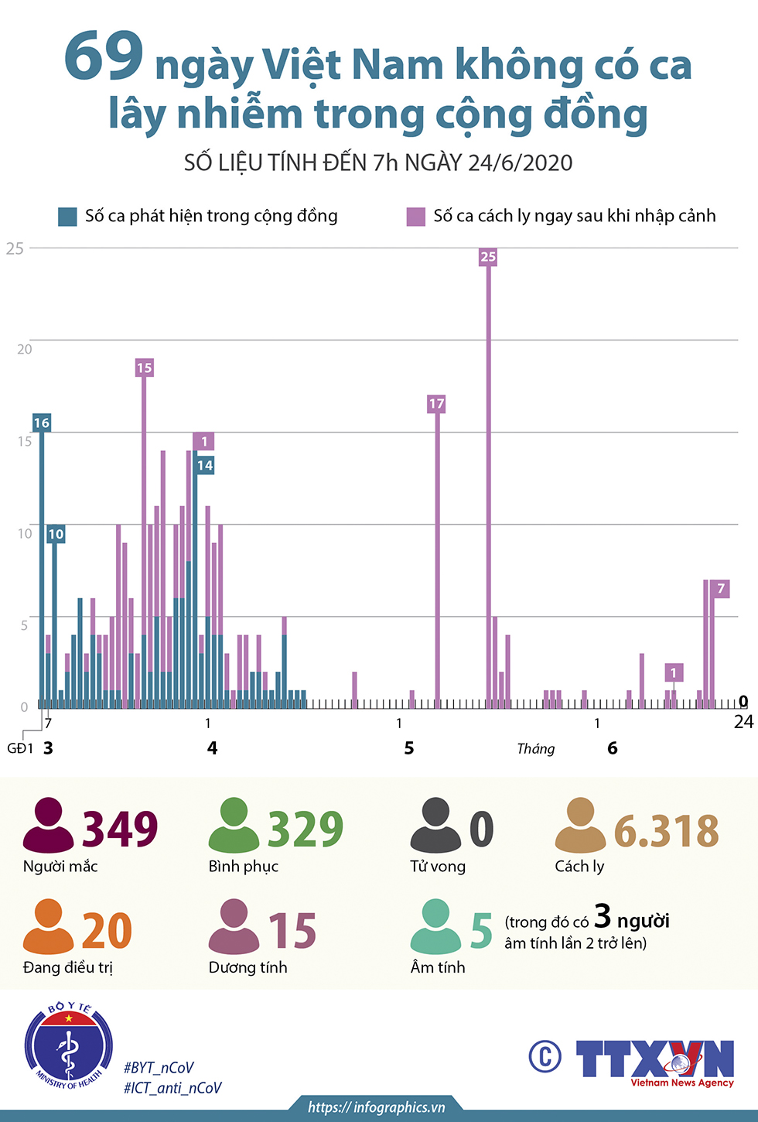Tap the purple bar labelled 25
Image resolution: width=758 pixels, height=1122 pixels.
click(x=489, y=480)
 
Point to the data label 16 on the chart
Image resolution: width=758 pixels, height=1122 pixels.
click(x=42, y=423)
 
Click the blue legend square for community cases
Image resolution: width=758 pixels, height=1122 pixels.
click(x=67, y=217)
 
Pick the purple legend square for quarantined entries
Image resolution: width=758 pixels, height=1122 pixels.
click(x=416, y=217)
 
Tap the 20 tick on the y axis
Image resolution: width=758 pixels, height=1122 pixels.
click(x=25, y=349)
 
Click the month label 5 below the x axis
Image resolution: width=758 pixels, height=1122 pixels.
click(x=409, y=748)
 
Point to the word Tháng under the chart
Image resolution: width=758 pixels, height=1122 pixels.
click(x=536, y=748)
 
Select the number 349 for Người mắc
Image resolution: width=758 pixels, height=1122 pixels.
click(x=120, y=829)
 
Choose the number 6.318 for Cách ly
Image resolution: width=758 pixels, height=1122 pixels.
click(x=666, y=831)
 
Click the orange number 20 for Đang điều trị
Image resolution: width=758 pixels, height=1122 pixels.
click(x=107, y=930)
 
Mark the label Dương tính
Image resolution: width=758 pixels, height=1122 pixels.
click(x=248, y=967)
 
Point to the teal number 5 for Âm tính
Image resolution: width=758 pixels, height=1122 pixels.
click(x=481, y=930)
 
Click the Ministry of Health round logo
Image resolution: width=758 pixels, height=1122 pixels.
click(x=69, y=1045)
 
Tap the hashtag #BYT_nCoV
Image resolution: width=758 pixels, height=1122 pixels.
click(x=159, y=1068)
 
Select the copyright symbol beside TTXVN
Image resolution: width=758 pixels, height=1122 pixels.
click(x=545, y=1056)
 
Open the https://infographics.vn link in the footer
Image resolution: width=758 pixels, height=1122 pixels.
click(x=376, y=1107)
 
